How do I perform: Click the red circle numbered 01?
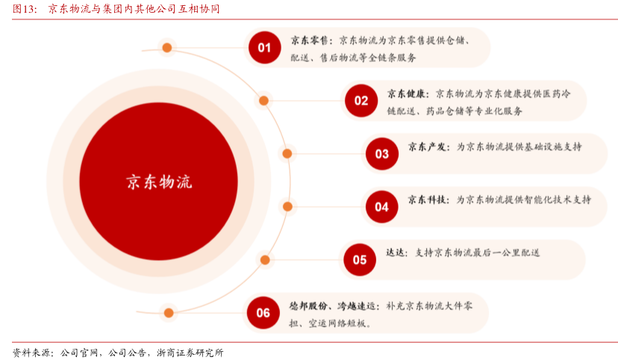pos(264,47)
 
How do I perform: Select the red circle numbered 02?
pos(361,100)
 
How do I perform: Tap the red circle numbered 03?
pos(382,154)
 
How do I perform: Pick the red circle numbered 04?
pos(382,207)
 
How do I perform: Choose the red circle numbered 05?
pos(360,260)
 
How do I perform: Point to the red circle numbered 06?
pos(263,312)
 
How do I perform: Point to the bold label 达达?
pos(396,252)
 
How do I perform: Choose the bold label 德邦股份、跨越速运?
pos(334,305)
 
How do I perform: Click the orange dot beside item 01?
pos(167,48)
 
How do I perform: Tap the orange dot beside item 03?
pos(287,154)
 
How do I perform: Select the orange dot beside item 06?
pos(169,312)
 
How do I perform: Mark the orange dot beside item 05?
pos(265,260)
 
